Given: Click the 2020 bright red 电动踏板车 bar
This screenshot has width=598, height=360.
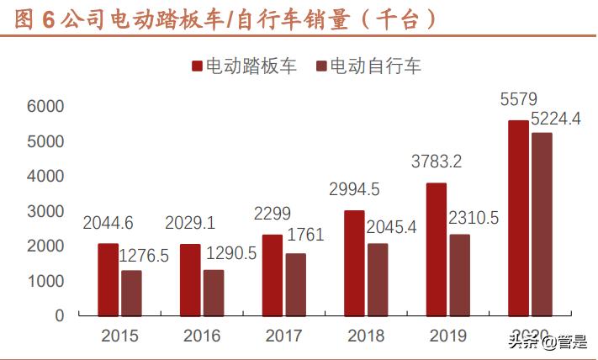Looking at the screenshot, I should pos(518,219).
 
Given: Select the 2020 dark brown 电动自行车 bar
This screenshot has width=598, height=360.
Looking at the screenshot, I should pos(542,225).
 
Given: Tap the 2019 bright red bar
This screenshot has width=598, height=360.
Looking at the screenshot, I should pos(436,250).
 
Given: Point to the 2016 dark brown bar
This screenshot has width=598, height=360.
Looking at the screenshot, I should pos(214,293).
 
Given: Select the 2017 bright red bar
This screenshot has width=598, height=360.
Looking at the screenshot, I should pos(272,275).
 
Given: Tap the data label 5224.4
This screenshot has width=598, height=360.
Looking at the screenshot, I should pos(553,119).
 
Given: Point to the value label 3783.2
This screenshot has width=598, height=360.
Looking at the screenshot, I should pos(436,161).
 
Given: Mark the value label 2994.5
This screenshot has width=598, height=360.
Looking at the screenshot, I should pos(354,191).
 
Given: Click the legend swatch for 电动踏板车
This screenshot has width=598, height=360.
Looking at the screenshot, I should pos(197,66).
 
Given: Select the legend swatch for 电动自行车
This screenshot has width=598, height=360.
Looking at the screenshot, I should pos(320,66).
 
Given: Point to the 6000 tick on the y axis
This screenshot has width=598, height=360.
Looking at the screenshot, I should pos(45,107).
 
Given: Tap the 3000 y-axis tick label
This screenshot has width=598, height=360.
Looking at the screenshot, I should pos(45,211).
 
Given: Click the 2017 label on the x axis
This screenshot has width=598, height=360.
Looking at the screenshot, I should pos(283,336).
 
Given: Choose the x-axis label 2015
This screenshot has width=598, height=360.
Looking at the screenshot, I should pos(119,336).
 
